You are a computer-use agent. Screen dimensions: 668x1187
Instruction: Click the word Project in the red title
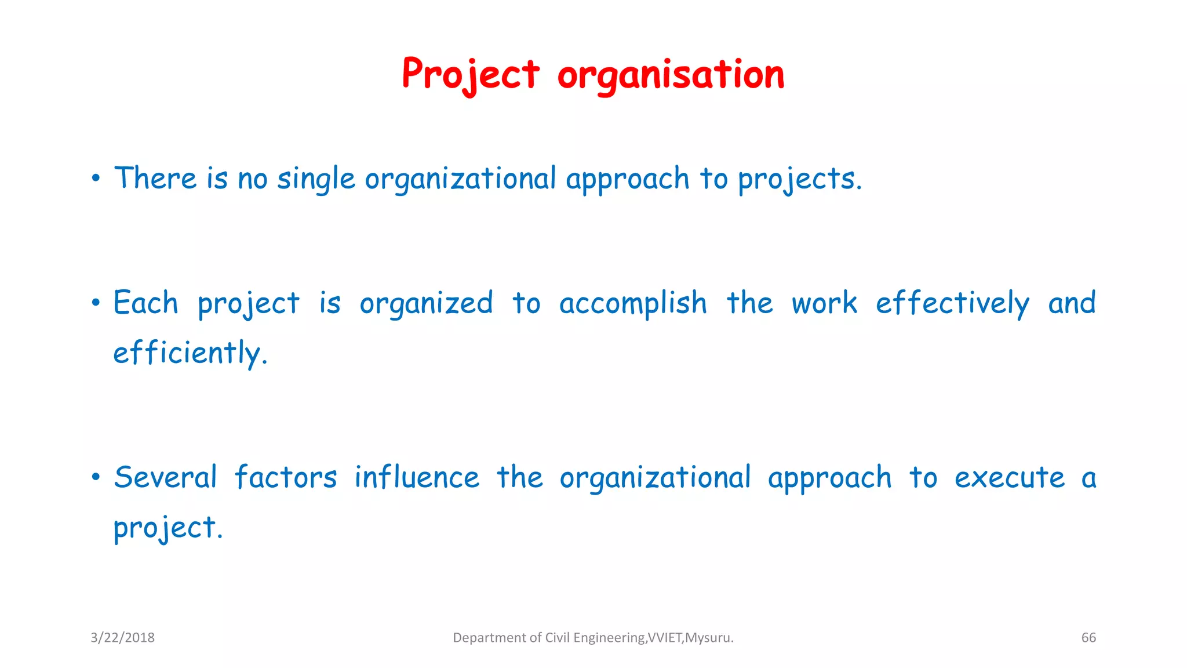click(471, 74)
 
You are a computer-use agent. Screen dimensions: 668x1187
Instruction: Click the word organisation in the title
click(671, 75)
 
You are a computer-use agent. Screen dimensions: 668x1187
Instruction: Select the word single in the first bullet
click(316, 179)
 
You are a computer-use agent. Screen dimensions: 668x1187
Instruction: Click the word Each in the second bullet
click(145, 303)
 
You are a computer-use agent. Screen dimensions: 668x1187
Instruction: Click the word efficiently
click(189, 353)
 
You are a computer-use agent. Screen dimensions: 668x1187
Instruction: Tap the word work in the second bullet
click(824, 303)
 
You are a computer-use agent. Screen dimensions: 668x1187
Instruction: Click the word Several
click(165, 478)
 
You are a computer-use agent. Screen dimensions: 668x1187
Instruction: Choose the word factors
click(285, 478)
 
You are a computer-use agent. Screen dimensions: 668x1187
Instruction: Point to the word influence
click(417, 478)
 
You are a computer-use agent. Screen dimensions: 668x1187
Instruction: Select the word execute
click(1009, 478)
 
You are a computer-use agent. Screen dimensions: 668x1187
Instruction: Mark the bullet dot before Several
click(96, 477)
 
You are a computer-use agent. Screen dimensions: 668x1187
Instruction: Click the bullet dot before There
click(96, 178)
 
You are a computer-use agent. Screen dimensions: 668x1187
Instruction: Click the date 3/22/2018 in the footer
click(122, 638)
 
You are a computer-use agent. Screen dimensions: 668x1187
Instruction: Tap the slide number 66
click(1088, 638)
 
